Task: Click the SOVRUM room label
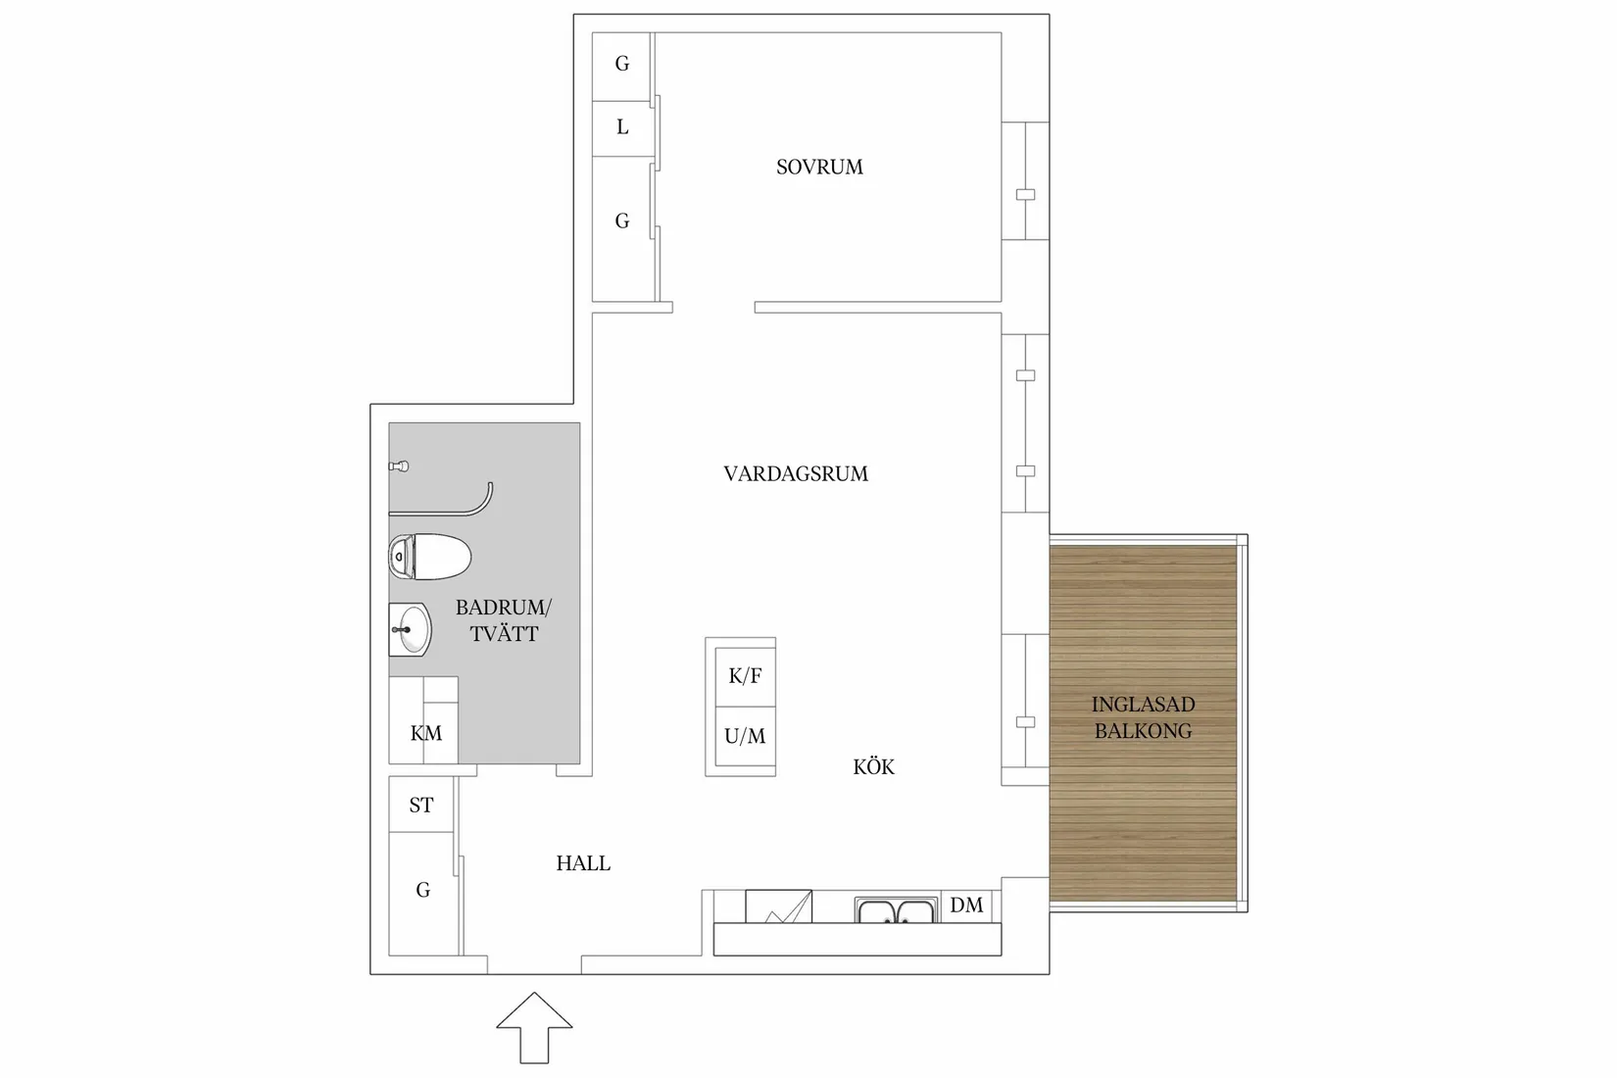click(819, 168)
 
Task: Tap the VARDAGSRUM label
click(796, 474)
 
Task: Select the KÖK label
click(873, 767)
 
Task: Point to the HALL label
click(583, 863)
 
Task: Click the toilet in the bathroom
click(430, 557)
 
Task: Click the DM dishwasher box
click(966, 906)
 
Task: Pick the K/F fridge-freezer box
click(745, 676)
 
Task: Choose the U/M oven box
click(745, 736)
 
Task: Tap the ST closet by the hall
click(421, 805)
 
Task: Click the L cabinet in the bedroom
click(622, 127)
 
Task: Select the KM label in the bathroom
click(426, 733)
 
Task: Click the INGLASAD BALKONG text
click(1143, 717)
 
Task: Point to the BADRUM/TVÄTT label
click(504, 620)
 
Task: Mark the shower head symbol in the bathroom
click(399, 466)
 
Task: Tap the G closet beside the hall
click(423, 890)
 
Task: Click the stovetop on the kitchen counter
click(778, 906)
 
